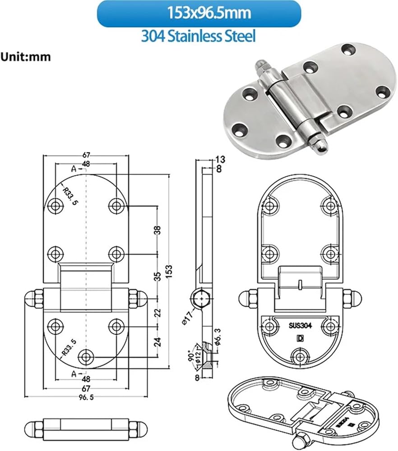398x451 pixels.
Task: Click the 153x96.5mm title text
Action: pos(199,13)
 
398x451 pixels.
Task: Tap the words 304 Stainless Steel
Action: pos(199,36)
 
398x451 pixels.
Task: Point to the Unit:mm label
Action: pos(25,57)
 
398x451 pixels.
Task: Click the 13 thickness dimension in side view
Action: pos(220,159)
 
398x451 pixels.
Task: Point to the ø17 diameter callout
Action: pos(187,322)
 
